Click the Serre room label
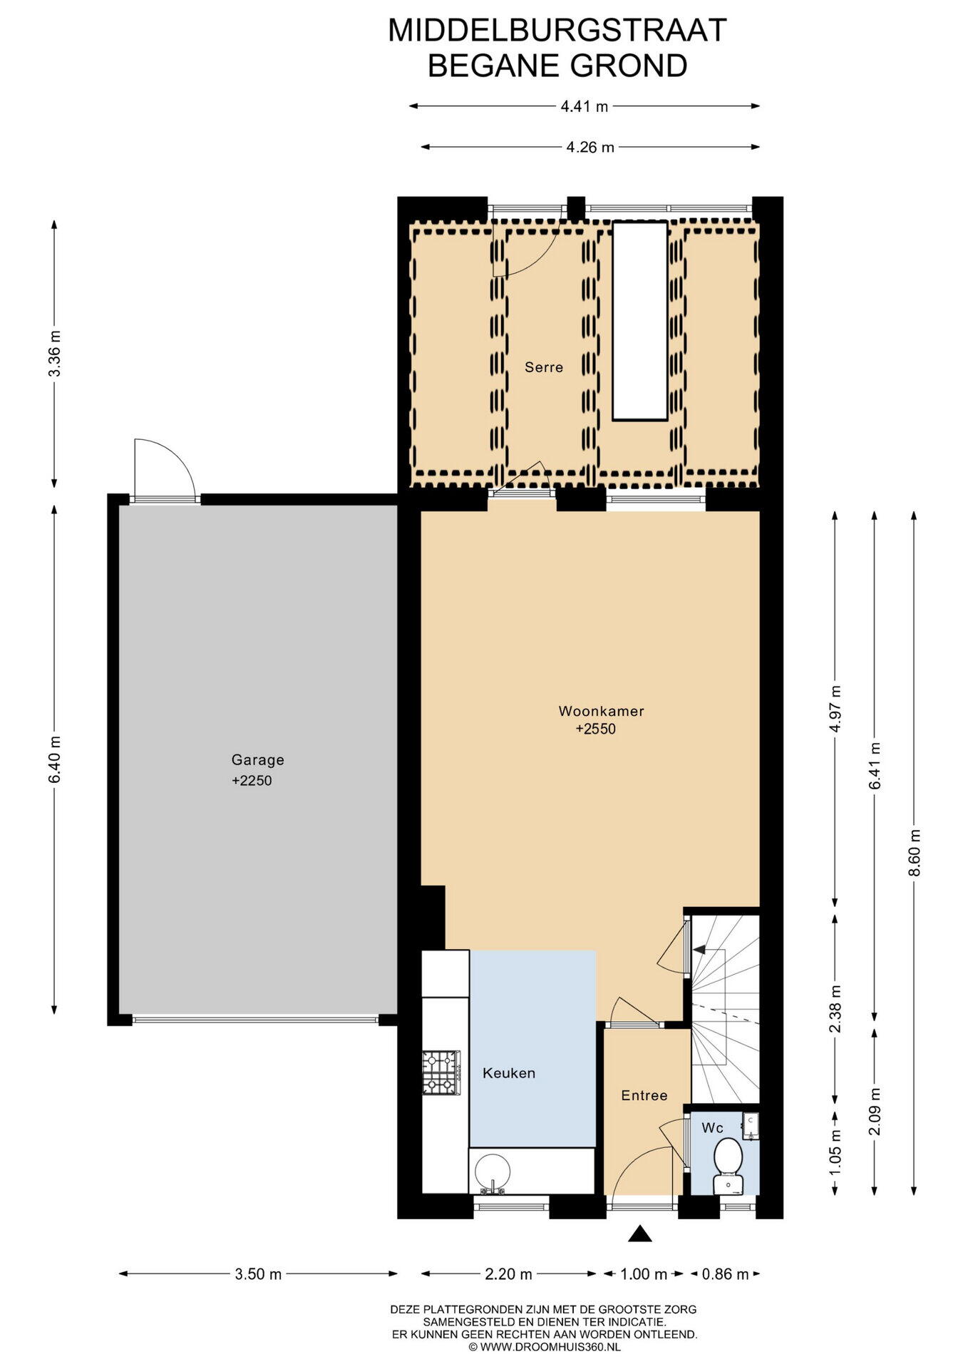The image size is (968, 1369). (544, 367)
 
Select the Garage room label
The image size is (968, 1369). (257, 760)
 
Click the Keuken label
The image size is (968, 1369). (509, 1073)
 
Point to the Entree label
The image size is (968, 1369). (644, 1095)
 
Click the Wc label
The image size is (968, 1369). (713, 1127)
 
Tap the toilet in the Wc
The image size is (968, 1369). (728, 1166)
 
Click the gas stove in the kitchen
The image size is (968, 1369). (441, 1072)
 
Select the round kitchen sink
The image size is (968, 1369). (493, 1173)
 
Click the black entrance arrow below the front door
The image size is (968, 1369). (641, 1234)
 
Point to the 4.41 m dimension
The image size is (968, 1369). (585, 107)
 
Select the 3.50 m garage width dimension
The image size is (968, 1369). (258, 1274)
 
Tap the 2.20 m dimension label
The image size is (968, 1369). (509, 1274)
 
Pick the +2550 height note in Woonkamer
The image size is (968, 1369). (596, 729)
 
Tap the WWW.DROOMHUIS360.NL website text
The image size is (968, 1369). (550, 1347)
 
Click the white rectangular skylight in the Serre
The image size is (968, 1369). (641, 320)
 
